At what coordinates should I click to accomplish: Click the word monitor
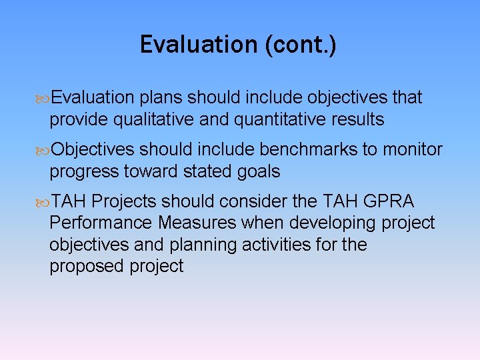click(x=412, y=149)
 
